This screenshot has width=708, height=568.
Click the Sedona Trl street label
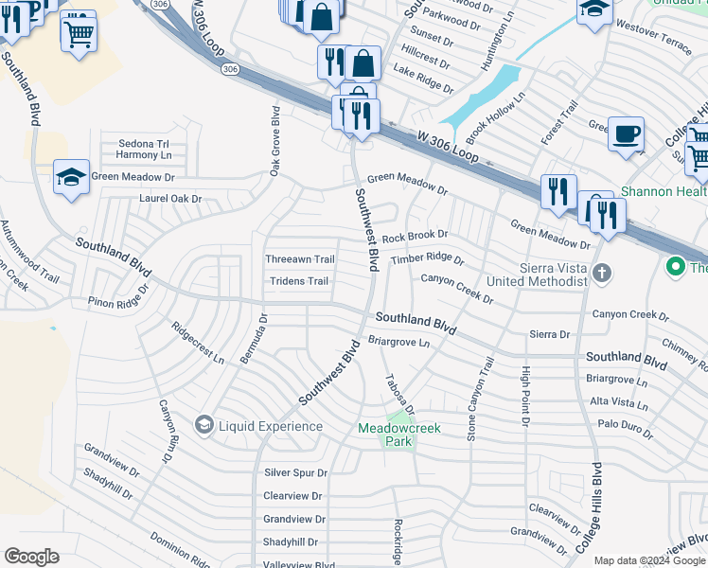(143, 144)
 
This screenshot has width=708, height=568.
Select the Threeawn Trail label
(299, 259)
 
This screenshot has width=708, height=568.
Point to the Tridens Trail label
(299, 281)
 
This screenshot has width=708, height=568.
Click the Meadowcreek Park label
(399, 435)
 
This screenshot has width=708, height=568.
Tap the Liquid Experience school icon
(204, 426)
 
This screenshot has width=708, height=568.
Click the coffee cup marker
(626, 134)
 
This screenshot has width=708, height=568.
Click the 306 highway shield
(229, 69)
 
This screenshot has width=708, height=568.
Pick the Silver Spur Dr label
(295, 472)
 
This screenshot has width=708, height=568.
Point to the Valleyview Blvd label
(299, 565)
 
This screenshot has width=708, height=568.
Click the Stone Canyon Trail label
(480, 398)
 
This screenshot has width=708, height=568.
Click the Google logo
(32, 557)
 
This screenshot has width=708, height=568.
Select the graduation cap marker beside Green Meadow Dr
(71, 178)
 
